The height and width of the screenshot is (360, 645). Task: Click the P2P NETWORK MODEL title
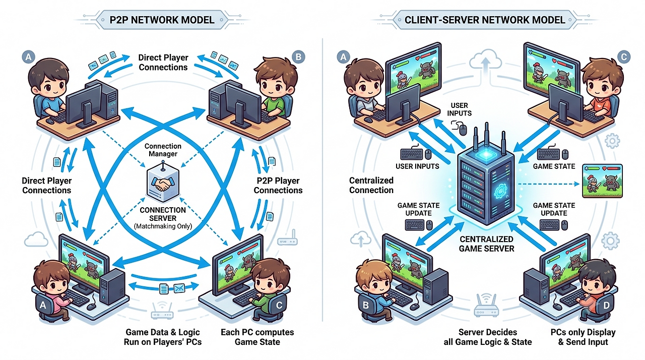[x=162, y=20]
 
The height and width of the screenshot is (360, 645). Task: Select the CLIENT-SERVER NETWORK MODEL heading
[x=485, y=20]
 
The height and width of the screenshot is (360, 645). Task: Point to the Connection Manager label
[x=163, y=150]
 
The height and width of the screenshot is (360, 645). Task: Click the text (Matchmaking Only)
[x=163, y=226]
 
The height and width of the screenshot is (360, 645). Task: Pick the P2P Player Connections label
[x=278, y=186]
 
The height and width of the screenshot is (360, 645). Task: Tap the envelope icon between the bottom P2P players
[x=179, y=287]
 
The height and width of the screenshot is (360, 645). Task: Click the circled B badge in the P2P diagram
[x=298, y=57]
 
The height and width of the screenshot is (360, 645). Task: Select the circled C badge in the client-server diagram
[x=624, y=57]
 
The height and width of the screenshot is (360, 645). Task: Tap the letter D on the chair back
[x=606, y=305]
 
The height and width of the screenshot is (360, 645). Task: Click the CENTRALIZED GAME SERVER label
[x=487, y=244]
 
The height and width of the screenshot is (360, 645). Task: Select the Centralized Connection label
[x=371, y=185]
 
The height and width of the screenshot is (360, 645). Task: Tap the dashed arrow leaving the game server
[x=549, y=184]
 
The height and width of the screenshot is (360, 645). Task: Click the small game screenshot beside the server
[x=602, y=181]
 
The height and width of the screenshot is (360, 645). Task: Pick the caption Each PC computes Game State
[x=257, y=337]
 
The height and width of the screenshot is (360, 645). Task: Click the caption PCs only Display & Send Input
[x=583, y=337]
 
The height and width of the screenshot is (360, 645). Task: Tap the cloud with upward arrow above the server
[x=485, y=61]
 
